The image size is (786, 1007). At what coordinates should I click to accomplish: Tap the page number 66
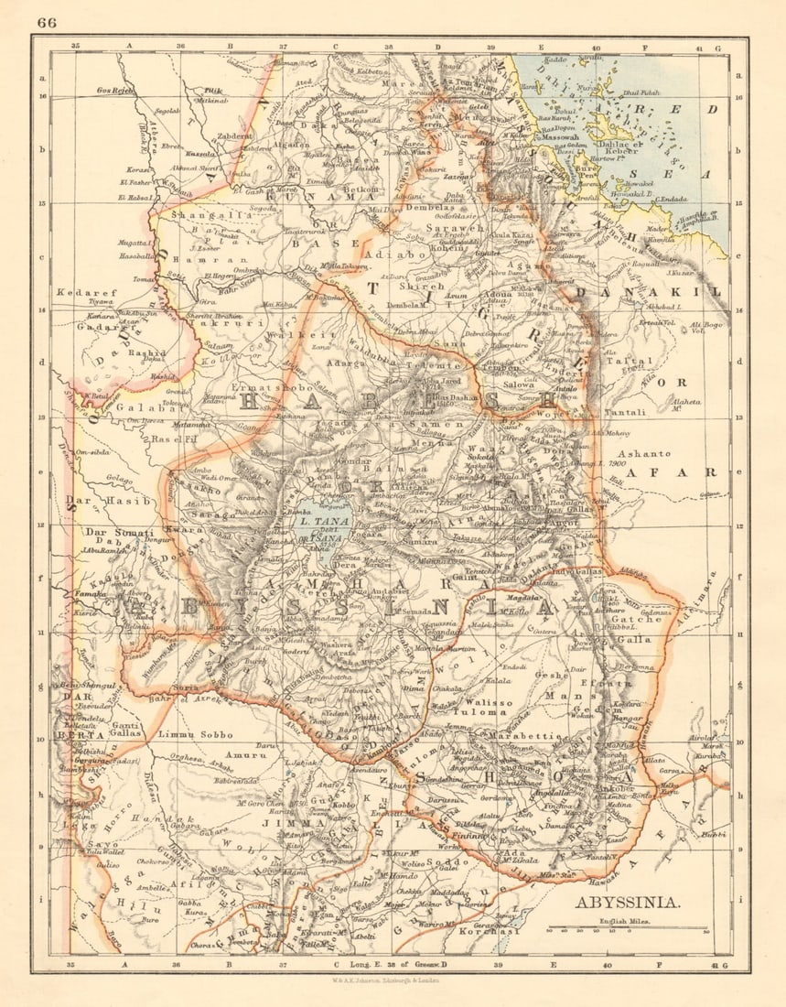(48, 22)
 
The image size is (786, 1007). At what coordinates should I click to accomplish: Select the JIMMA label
(294, 823)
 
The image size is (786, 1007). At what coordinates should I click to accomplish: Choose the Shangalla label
(197, 215)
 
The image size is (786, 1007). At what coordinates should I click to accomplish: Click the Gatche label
(636, 620)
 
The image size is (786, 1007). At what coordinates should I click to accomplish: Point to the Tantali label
(626, 412)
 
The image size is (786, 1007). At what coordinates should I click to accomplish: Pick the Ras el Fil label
(173, 439)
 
